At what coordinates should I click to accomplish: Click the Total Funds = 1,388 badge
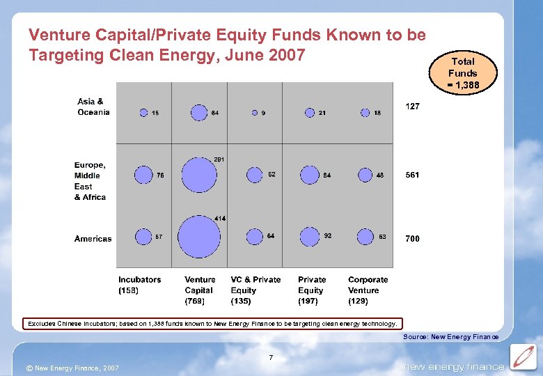[462, 73]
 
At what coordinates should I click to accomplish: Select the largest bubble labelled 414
[199, 237]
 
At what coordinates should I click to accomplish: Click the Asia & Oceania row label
[93, 107]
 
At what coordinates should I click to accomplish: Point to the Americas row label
[93, 239]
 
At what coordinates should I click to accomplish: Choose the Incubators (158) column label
[139, 285]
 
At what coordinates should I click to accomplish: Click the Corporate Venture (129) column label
[368, 290]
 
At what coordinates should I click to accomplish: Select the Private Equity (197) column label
[312, 290]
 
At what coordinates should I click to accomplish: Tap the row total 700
[412, 239]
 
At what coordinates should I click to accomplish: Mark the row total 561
[412, 175]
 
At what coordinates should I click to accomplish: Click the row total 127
[412, 107]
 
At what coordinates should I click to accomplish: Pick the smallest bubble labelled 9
[255, 113]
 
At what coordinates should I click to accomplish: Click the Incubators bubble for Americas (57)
[143, 237]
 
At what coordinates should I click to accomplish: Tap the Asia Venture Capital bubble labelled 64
[199, 112]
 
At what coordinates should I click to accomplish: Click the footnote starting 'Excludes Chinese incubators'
[212, 324]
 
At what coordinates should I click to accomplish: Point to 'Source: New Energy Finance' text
[450, 337]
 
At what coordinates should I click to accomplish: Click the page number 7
[271, 358]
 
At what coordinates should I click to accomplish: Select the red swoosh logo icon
[522, 357]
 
